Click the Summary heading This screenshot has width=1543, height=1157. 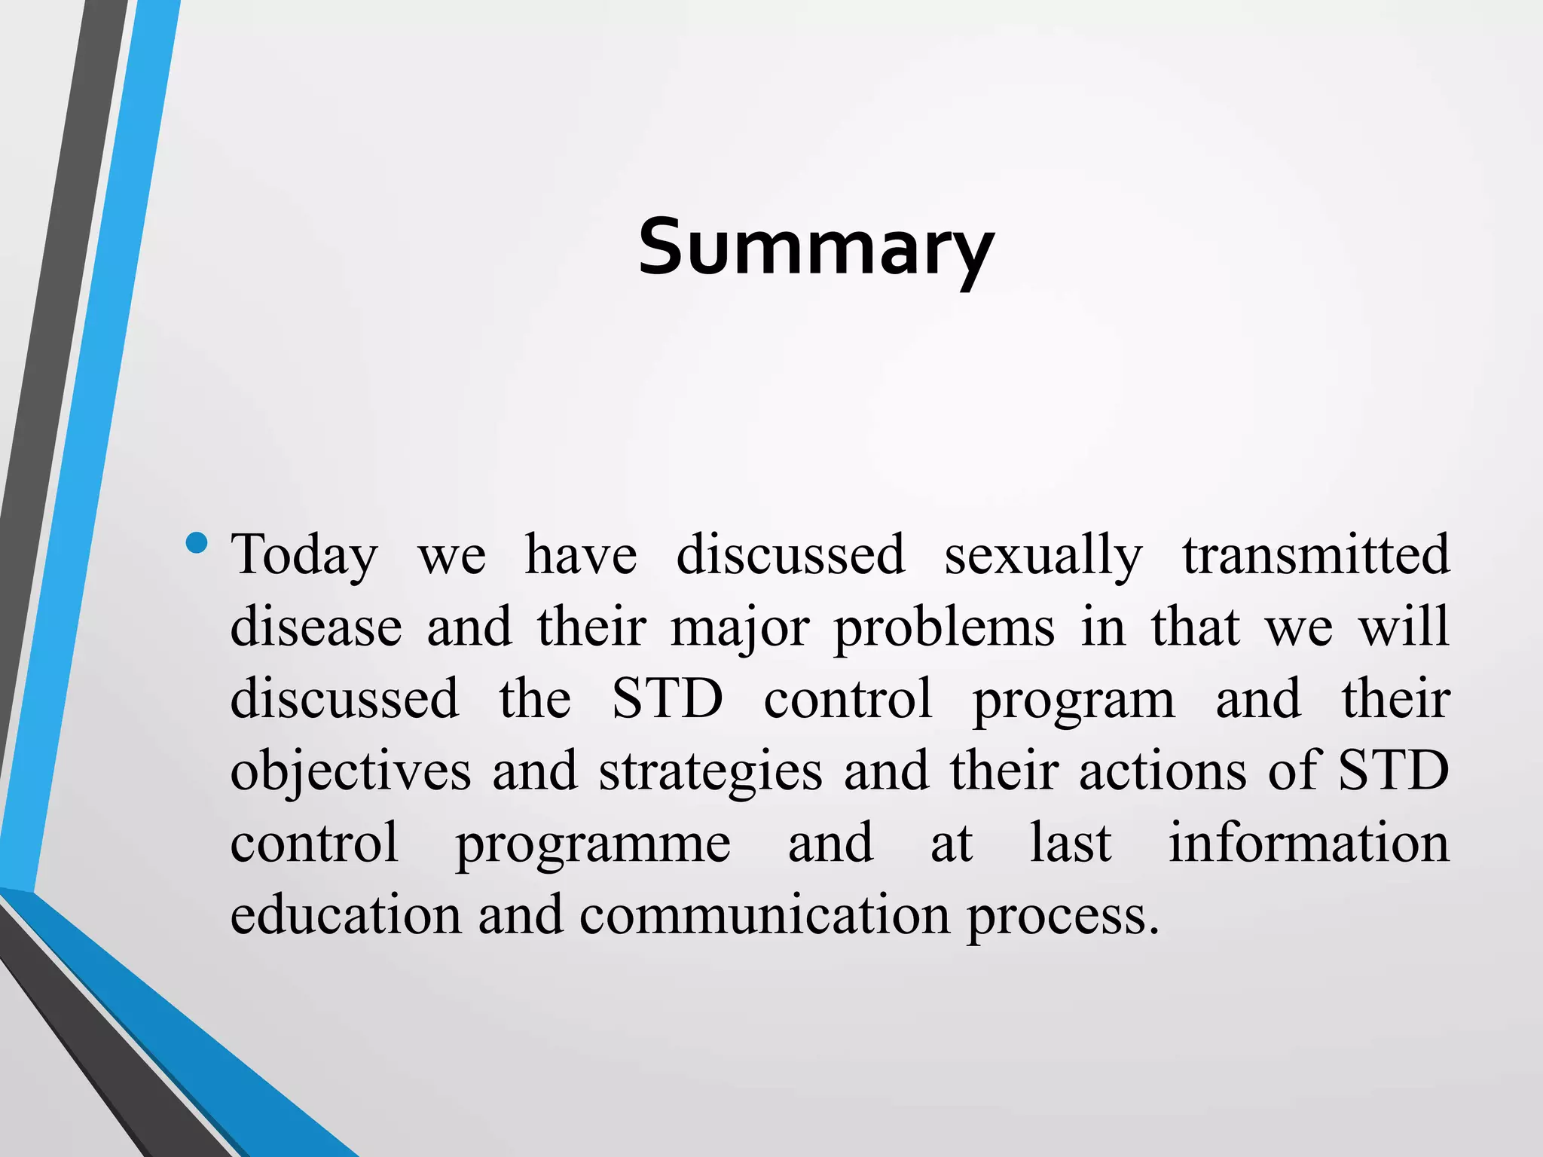click(816, 247)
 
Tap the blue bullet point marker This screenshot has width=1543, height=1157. click(196, 543)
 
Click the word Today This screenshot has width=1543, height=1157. click(304, 556)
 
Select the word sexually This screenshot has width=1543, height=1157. click(1043, 556)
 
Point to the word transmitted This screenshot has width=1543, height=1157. click(1315, 554)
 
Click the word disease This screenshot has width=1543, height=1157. click(316, 627)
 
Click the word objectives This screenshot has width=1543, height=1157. click(350, 771)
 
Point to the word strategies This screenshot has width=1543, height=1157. click(710, 771)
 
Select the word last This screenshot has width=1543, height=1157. click(1070, 843)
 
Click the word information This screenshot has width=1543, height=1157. click(1309, 843)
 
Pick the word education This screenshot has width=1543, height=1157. click(345, 915)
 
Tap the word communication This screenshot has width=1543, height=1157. click(765, 915)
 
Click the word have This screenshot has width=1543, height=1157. click(581, 556)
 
